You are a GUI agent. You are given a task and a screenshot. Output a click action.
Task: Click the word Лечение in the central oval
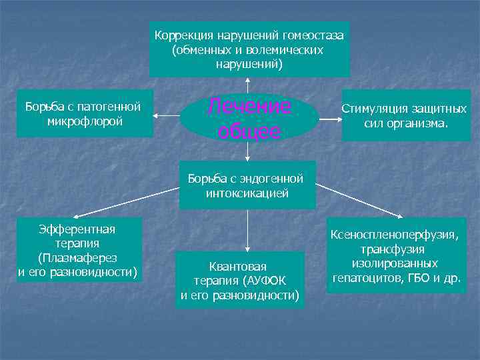[x=249, y=106]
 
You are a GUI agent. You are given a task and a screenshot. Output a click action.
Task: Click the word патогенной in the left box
[x=110, y=107]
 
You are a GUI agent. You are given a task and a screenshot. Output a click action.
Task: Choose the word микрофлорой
[x=85, y=122]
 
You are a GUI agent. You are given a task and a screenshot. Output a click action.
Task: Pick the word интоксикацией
[x=247, y=194]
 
